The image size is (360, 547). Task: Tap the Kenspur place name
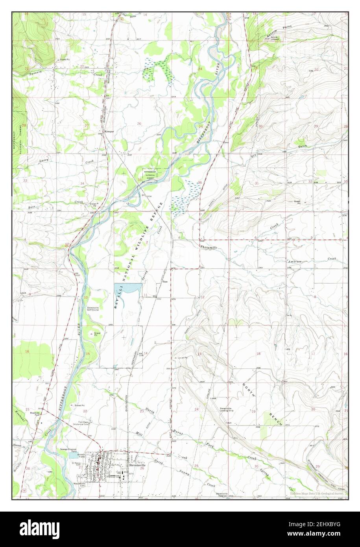[108, 131]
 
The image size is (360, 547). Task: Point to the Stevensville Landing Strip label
[227, 409]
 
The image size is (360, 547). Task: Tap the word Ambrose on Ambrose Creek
[294, 261]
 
